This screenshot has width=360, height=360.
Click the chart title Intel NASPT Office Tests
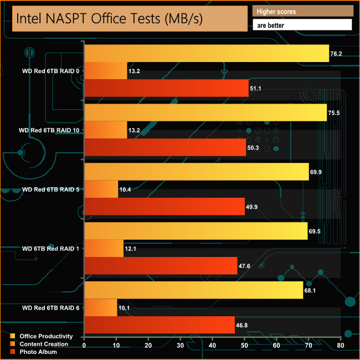pyautogui.click(x=109, y=18)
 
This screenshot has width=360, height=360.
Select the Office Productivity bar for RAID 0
pyautogui.click(x=207, y=54)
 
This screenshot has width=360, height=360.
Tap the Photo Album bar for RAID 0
pyautogui.click(x=166, y=88)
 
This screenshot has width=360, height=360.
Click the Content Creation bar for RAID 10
pyautogui.click(x=105, y=130)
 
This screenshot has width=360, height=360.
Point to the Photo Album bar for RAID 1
pyautogui.click(x=161, y=266)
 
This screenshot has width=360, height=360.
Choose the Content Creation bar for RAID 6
pyautogui.click(x=100, y=308)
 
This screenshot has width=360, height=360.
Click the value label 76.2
pyautogui.click(x=337, y=54)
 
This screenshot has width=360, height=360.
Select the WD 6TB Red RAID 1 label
pyautogui.click(x=50, y=249)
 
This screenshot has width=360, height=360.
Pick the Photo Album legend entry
pyautogui.click(x=38, y=352)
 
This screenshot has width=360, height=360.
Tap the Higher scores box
pyautogui.click(x=302, y=12)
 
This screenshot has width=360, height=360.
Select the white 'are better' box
pyautogui.click(x=302, y=25)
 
